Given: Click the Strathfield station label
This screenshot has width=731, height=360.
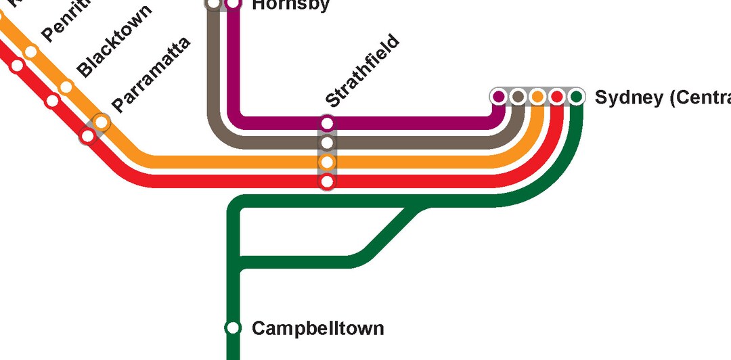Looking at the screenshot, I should pyautogui.click(x=362, y=72).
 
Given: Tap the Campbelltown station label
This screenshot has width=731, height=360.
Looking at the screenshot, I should pyautogui.click(x=317, y=329).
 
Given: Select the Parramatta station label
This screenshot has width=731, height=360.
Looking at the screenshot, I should pyautogui.click(x=152, y=74).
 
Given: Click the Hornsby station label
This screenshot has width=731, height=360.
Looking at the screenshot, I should pyautogui.click(x=290, y=5).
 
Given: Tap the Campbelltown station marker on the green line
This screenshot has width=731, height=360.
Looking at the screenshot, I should pyautogui.click(x=233, y=328).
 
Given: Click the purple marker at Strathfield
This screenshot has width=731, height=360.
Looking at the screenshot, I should pyautogui.click(x=328, y=123).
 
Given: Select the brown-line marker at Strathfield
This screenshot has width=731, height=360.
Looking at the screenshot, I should pyautogui.click(x=328, y=143).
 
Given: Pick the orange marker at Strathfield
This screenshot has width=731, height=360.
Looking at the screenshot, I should pyautogui.click(x=328, y=162).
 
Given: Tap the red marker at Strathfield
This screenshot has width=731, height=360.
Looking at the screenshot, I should pyautogui.click(x=328, y=181).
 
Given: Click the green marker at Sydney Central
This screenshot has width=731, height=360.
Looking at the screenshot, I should pyautogui.click(x=576, y=97).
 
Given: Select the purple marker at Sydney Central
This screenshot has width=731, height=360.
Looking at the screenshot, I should pyautogui.click(x=499, y=97).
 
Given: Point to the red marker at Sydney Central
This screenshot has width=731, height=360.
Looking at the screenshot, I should pyautogui.click(x=556, y=97).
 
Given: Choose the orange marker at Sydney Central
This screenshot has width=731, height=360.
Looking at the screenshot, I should pyautogui.click(x=537, y=97).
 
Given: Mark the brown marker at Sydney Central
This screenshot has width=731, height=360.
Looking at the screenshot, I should pyautogui.click(x=518, y=97).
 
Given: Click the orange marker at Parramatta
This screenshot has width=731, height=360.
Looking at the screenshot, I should pyautogui.click(x=102, y=122).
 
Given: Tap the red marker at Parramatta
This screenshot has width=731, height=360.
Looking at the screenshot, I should pyautogui.click(x=88, y=136).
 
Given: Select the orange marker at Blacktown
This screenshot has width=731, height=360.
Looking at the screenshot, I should pyautogui.click(x=66, y=87).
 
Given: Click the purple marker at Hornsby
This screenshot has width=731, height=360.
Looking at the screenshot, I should pyautogui.click(x=234, y=4).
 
